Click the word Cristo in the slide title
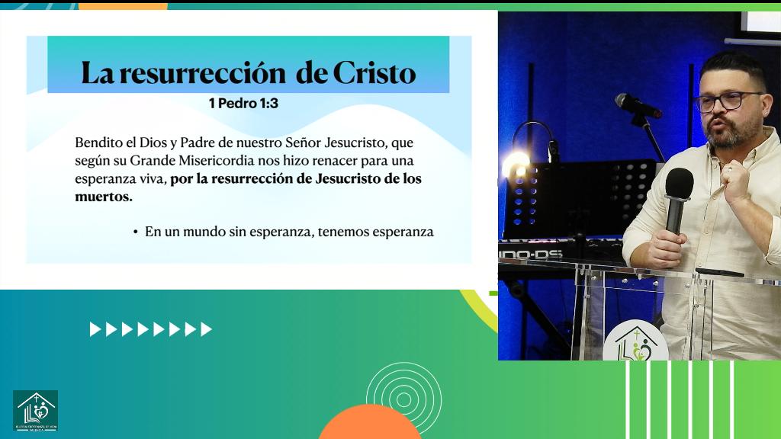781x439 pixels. pyautogui.click(x=374, y=73)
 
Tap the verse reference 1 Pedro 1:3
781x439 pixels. pyautogui.click(x=243, y=103)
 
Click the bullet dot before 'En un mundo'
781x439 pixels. pyautogui.click(x=135, y=232)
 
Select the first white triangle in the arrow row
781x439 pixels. pyautogui.click(x=95, y=329)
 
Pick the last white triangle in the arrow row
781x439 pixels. pyautogui.click(x=206, y=329)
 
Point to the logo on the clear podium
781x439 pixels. pyautogui.click(x=635, y=345)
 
